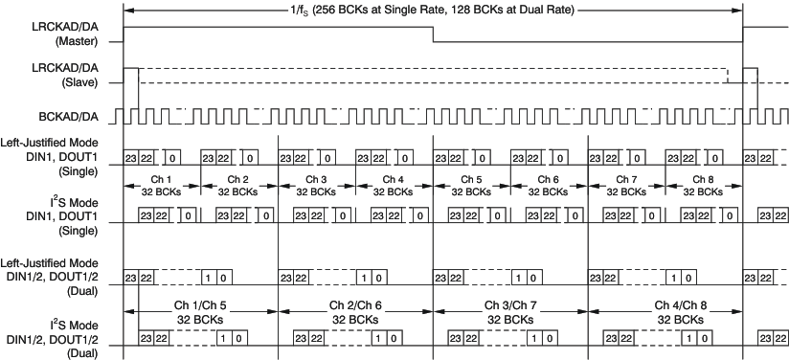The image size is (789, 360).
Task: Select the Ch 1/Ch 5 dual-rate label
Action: tap(201, 312)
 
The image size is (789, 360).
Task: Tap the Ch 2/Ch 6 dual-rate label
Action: tap(355, 312)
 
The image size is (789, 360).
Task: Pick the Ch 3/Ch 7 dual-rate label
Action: tap(510, 312)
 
